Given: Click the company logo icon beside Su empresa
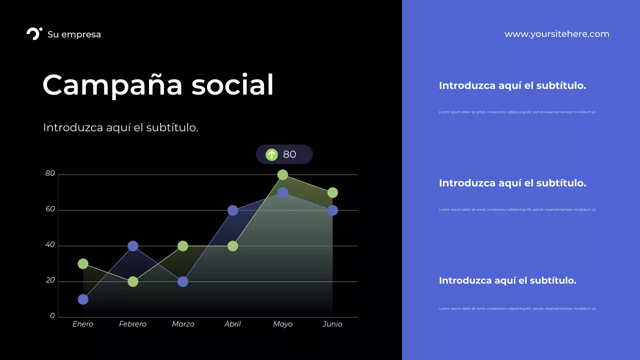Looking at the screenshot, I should click(34, 34).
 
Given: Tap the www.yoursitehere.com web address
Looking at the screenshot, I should click(556, 34).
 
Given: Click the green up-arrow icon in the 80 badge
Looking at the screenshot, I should click(271, 154).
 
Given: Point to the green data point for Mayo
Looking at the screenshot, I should click(282, 175).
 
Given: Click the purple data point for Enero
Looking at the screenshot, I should click(83, 299).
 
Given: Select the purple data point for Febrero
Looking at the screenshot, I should click(133, 246).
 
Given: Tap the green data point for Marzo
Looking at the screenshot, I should click(183, 246).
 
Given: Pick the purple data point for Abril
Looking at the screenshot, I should click(232, 210).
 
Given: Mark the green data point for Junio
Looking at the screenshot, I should click(332, 193).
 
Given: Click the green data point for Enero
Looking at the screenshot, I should click(83, 264).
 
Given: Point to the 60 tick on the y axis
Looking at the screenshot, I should click(50, 209).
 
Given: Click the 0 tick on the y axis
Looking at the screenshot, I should click(52, 316).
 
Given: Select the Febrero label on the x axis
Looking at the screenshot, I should click(132, 324).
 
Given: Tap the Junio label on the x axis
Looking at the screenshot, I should click(332, 324).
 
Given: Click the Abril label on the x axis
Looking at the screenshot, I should click(232, 324).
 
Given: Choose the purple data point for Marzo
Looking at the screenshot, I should click(183, 281).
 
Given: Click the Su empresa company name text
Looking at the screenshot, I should click(74, 34).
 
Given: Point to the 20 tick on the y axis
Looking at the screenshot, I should click(50, 280).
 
